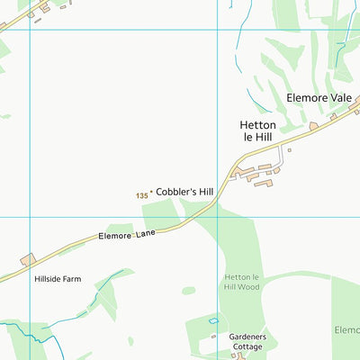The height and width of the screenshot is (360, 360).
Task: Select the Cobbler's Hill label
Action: click(184, 192)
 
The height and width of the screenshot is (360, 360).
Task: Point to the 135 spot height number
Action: click(141, 195)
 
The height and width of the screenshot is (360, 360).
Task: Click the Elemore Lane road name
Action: click(127, 236)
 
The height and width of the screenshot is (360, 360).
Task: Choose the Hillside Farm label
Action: click(58, 279)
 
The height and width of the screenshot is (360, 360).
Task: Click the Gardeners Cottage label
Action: click(246, 342)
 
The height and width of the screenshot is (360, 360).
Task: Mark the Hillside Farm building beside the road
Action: click(27, 259)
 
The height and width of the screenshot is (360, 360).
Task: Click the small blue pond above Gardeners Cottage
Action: click(213, 320)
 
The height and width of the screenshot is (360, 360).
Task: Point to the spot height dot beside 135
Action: click(151, 192)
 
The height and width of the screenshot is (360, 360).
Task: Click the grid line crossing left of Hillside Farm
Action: click(31, 217)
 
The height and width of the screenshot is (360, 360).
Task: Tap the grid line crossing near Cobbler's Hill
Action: click(217, 217)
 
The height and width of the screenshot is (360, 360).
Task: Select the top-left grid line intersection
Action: click(31, 30)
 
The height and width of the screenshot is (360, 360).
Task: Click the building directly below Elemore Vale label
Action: click(313, 125)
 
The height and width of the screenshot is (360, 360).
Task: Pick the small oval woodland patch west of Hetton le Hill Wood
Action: click(188, 290)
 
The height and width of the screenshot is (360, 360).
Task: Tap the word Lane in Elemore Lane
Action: click(146, 232)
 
